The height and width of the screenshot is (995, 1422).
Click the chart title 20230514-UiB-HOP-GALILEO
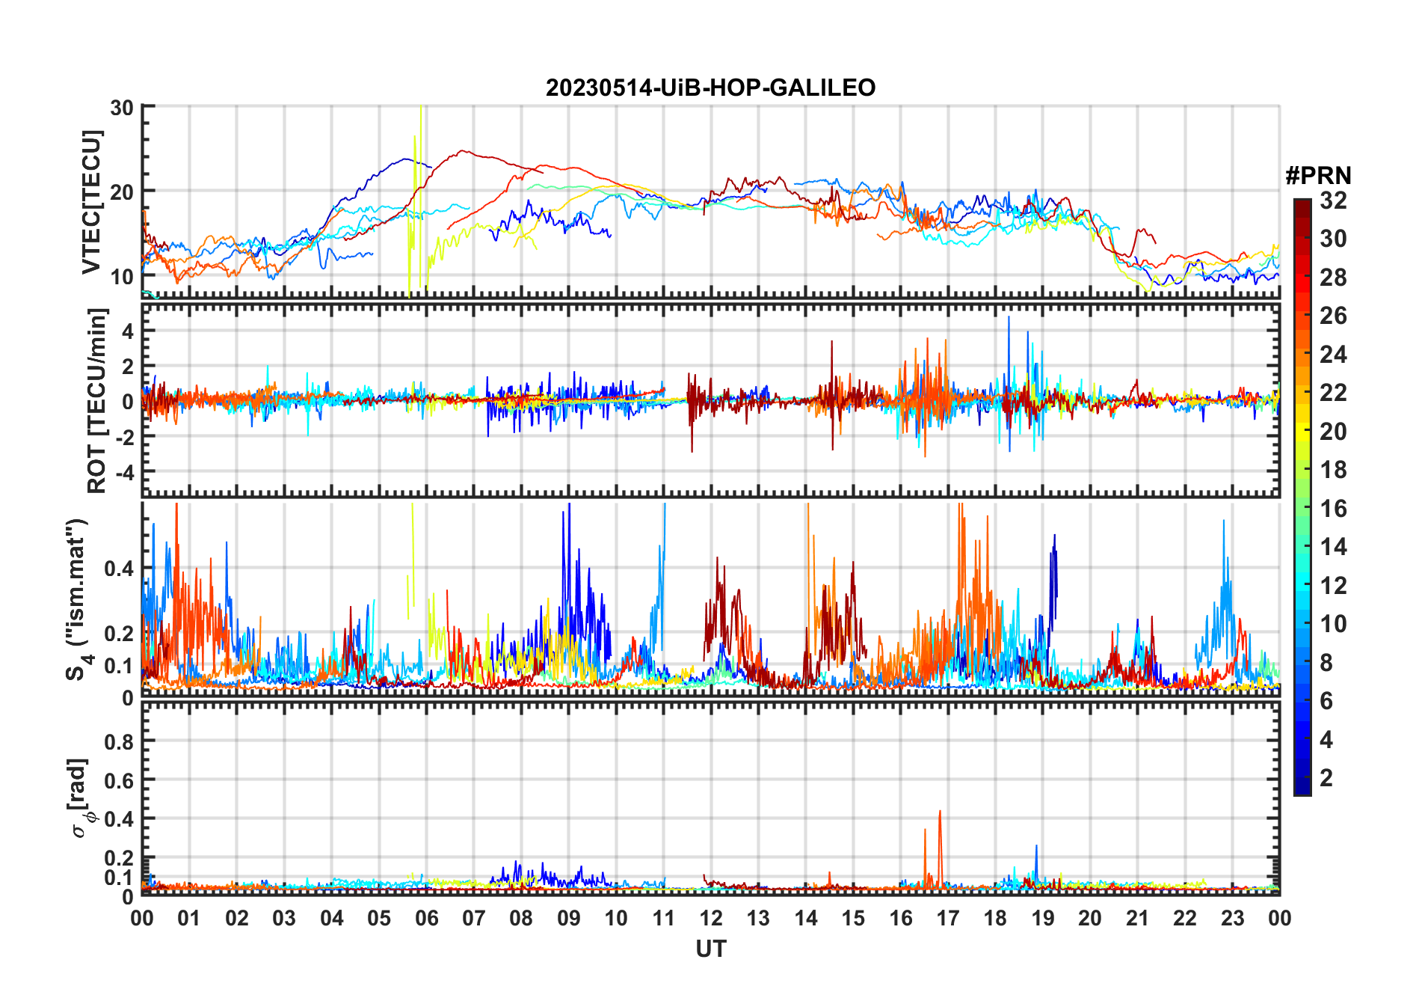point(710,88)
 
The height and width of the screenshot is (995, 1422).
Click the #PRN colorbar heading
point(1318,176)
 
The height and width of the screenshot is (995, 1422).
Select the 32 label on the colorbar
point(1333,200)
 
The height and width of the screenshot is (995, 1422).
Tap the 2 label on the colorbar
point(1326,778)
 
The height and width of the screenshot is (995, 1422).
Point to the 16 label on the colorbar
point(1333,509)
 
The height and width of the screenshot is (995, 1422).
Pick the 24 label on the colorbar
point(1333,355)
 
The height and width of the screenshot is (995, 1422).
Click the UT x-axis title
point(710,949)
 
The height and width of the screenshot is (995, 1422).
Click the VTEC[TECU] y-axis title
point(91,202)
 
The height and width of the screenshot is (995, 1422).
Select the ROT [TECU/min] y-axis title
point(97,400)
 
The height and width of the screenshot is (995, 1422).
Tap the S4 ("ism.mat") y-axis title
point(78,599)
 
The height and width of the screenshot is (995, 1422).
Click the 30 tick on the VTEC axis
point(122,108)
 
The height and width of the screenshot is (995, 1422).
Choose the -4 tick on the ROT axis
point(123,473)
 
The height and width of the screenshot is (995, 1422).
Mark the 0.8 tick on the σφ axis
point(119,741)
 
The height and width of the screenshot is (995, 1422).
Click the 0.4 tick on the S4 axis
point(119,569)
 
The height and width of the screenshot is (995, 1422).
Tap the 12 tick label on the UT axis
point(711,919)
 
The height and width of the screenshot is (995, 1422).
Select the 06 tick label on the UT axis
point(426,919)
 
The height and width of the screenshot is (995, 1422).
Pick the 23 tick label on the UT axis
point(1232,919)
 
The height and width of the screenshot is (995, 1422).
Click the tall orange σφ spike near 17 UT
point(940,812)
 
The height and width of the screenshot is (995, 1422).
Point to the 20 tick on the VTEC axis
point(122,192)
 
